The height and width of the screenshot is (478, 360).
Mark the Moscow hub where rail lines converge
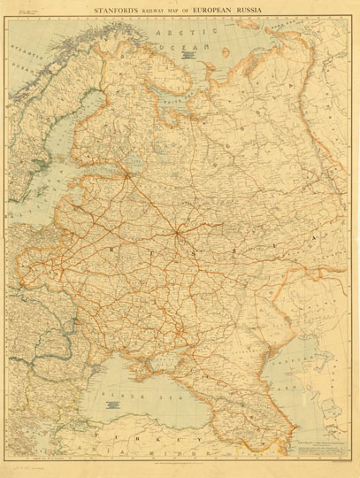(180, 233)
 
